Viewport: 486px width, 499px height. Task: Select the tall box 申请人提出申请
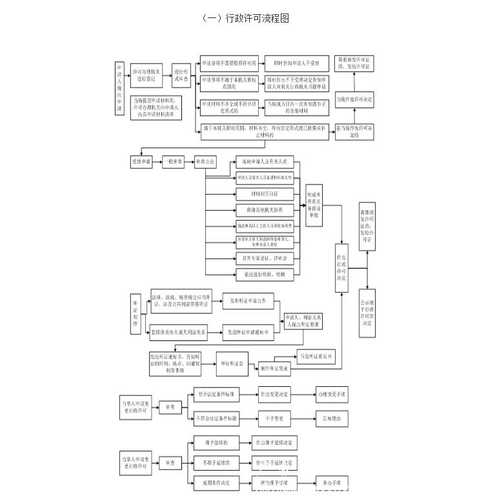pos(119,88)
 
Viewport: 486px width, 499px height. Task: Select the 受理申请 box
pos(141,161)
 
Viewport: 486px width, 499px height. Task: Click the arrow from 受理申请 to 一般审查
pos(157,161)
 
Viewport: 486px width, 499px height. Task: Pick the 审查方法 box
pos(205,161)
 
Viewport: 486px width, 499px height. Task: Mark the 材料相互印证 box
pos(265,193)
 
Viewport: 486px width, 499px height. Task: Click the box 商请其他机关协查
pos(265,210)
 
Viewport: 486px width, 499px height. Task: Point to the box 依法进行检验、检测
pos(265,274)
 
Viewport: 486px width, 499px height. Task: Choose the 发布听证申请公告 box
pos(248,300)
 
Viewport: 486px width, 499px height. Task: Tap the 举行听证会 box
pos(231,364)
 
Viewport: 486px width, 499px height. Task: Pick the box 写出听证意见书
pos(316,356)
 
